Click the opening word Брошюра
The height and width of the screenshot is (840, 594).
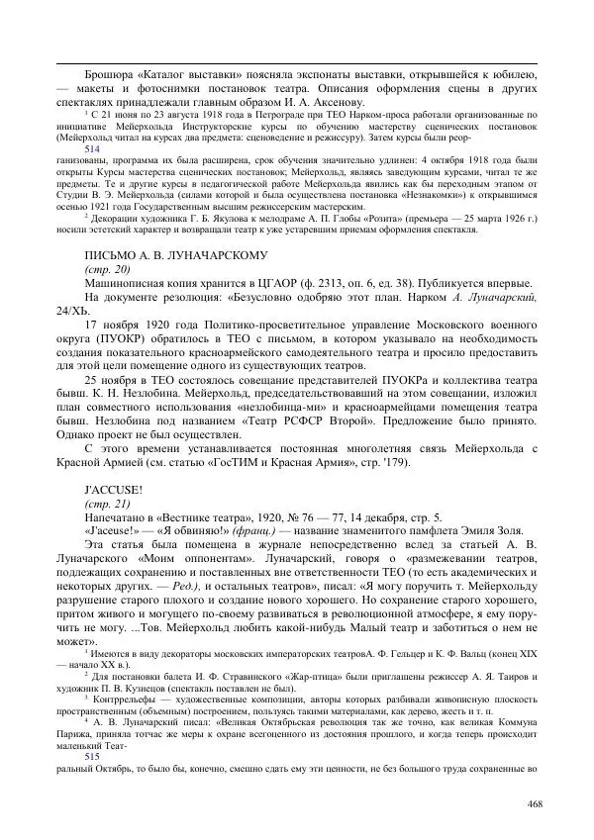111,73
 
